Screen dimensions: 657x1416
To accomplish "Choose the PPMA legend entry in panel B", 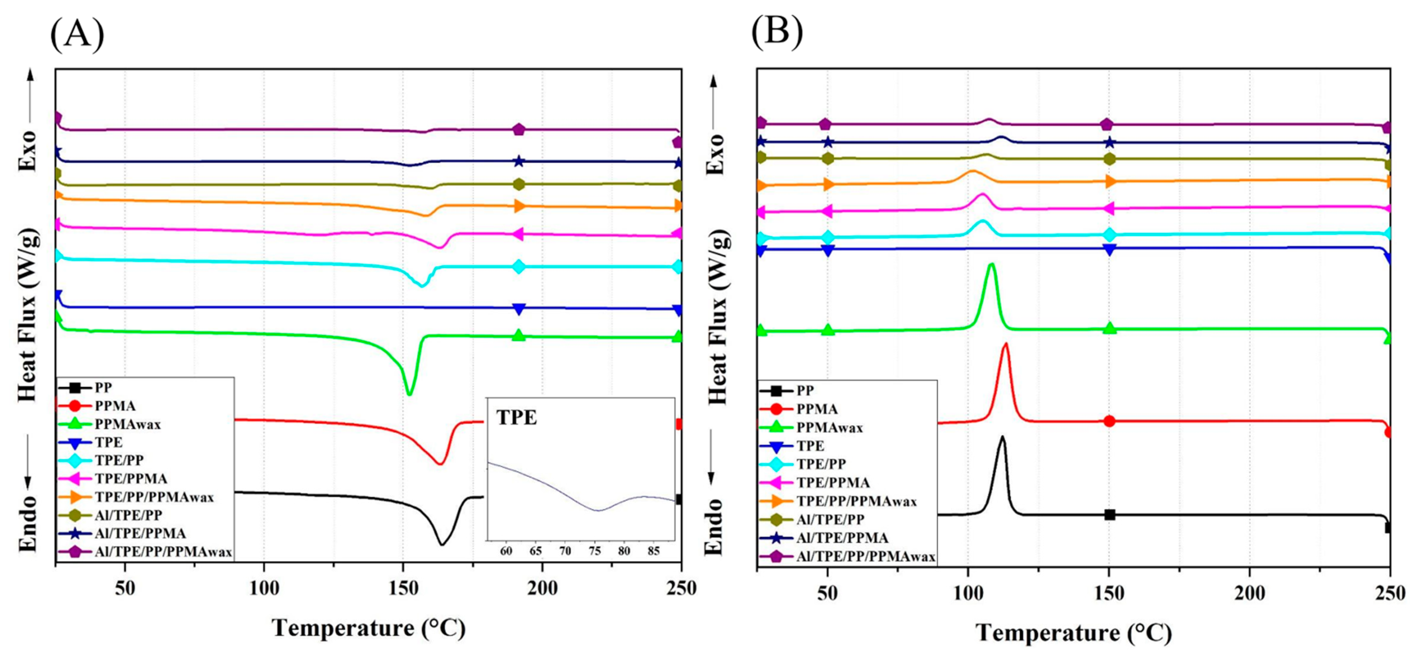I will click(x=817, y=409).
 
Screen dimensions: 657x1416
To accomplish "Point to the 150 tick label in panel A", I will click(x=403, y=588).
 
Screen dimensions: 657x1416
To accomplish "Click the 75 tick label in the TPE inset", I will click(x=594, y=551).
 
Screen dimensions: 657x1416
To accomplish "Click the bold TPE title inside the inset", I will click(x=517, y=418).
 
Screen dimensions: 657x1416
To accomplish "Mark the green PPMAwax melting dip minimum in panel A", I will click(x=408, y=394).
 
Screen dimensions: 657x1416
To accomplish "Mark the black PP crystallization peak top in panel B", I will click(x=1002, y=437).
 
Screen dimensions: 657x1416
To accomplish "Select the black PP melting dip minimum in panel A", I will click(x=441, y=544).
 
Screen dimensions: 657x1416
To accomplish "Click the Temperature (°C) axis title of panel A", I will click(x=369, y=628).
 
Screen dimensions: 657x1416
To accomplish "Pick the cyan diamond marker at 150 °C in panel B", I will click(x=1109, y=235).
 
